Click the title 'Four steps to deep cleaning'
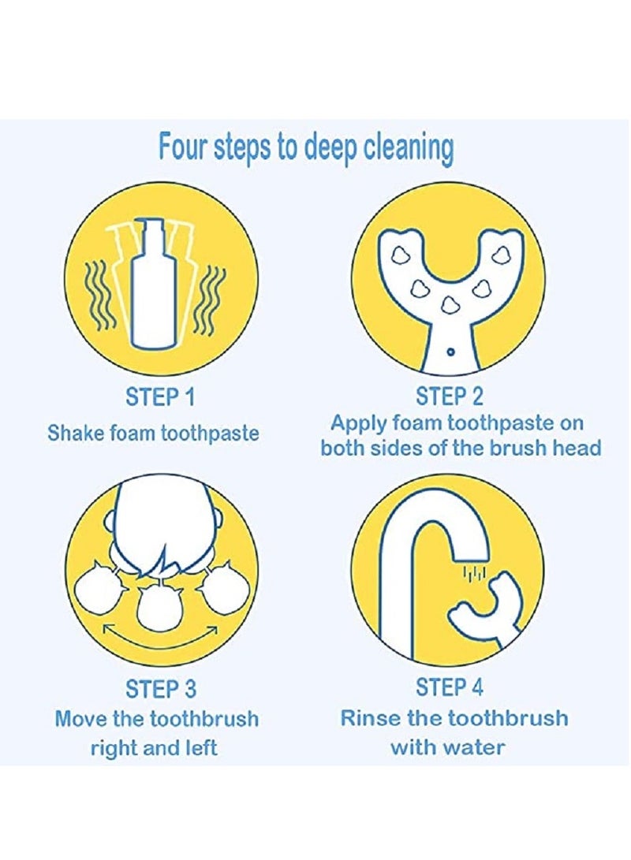pos(306,148)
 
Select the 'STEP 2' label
pos(450,396)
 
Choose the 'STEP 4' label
pos(450,687)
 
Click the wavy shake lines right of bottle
pos(214,298)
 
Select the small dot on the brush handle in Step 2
pos(449,351)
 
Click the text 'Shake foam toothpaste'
pos(153,433)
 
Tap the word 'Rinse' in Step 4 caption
pos(371,718)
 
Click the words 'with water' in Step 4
pos(447,746)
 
